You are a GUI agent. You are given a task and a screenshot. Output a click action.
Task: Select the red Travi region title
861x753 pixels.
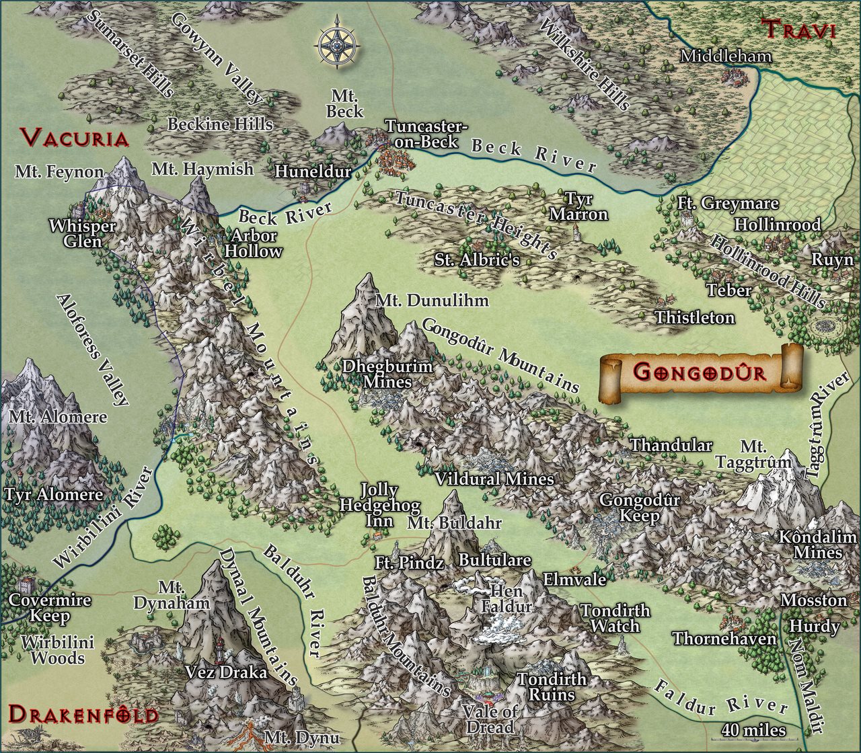click(x=798, y=30)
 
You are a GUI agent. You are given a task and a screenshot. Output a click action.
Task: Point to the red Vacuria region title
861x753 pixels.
click(x=74, y=138)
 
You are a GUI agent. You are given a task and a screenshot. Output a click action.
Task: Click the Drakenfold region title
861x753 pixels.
click(x=83, y=714)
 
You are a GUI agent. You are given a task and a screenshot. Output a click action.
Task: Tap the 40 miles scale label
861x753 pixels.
click(x=753, y=729)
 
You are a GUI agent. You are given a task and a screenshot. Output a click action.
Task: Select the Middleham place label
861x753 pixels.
click(x=725, y=56)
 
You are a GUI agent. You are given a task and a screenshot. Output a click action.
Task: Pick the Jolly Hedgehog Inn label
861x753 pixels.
click(x=380, y=505)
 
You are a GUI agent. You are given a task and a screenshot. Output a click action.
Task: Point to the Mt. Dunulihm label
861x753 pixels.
click(x=432, y=300)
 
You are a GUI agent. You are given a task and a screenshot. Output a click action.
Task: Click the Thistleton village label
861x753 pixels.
click(x=695, y=317)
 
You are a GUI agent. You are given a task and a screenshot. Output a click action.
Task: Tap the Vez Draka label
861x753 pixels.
click(x=225, y=672)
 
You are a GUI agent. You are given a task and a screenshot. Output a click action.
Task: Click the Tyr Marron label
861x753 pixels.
click(x=578, y=206)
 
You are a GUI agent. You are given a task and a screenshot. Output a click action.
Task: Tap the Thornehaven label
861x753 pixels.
click(x=724, y=638)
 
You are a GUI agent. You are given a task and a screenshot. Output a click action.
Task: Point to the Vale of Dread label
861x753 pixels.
click(x=490, y=719)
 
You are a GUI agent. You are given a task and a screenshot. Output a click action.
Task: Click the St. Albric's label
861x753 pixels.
click(x=477, y=260)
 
